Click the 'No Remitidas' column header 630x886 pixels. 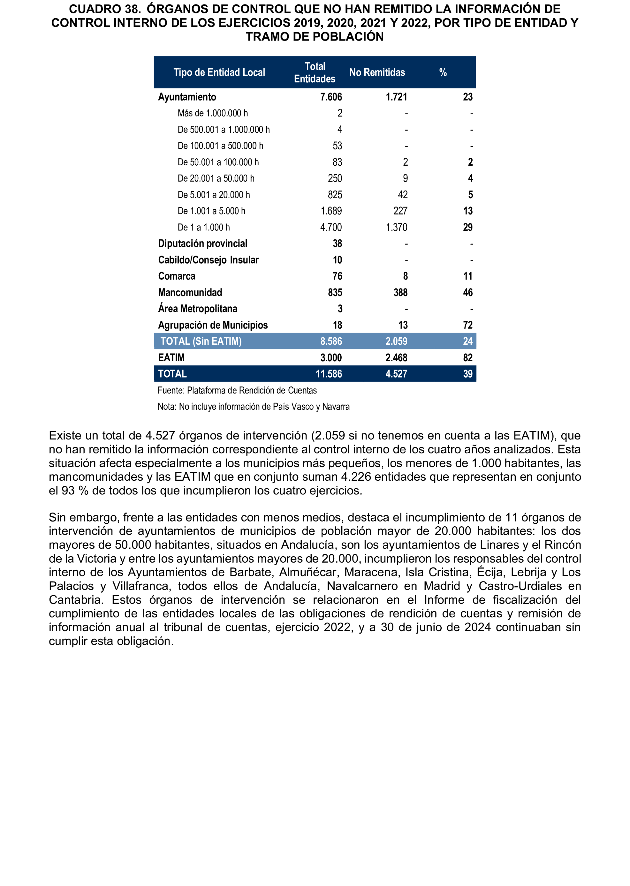pos(377,72)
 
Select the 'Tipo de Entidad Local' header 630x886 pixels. pos(219,72)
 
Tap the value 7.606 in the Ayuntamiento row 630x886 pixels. pos(331,97)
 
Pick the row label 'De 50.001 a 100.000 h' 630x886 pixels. pos(218,162)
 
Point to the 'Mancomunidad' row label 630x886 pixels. pos(190,292)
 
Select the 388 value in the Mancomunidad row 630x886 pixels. pos(400,292)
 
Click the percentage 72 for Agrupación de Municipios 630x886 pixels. pos(467,325)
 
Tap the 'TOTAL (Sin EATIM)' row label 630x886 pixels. pos(201,341)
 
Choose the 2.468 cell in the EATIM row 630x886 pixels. pos(396,357)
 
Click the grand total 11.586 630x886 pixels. pos(329,374)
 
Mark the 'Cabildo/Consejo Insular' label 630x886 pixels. pos(208,260)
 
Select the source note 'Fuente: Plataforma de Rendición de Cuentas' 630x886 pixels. pos(237,390)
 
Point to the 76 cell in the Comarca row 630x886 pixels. pos(337,276)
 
